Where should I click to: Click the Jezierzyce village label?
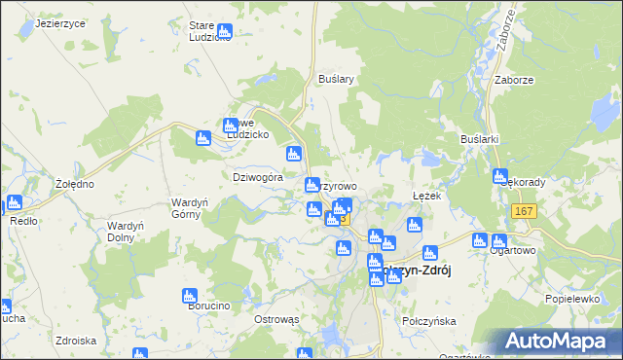[x=60, y=22]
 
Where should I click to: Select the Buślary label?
[x=335, y=79]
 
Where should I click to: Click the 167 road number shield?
[x=524, y=212]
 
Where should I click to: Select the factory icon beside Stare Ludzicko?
[x=226, y=31]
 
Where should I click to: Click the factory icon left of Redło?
[x=14, y=203]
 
